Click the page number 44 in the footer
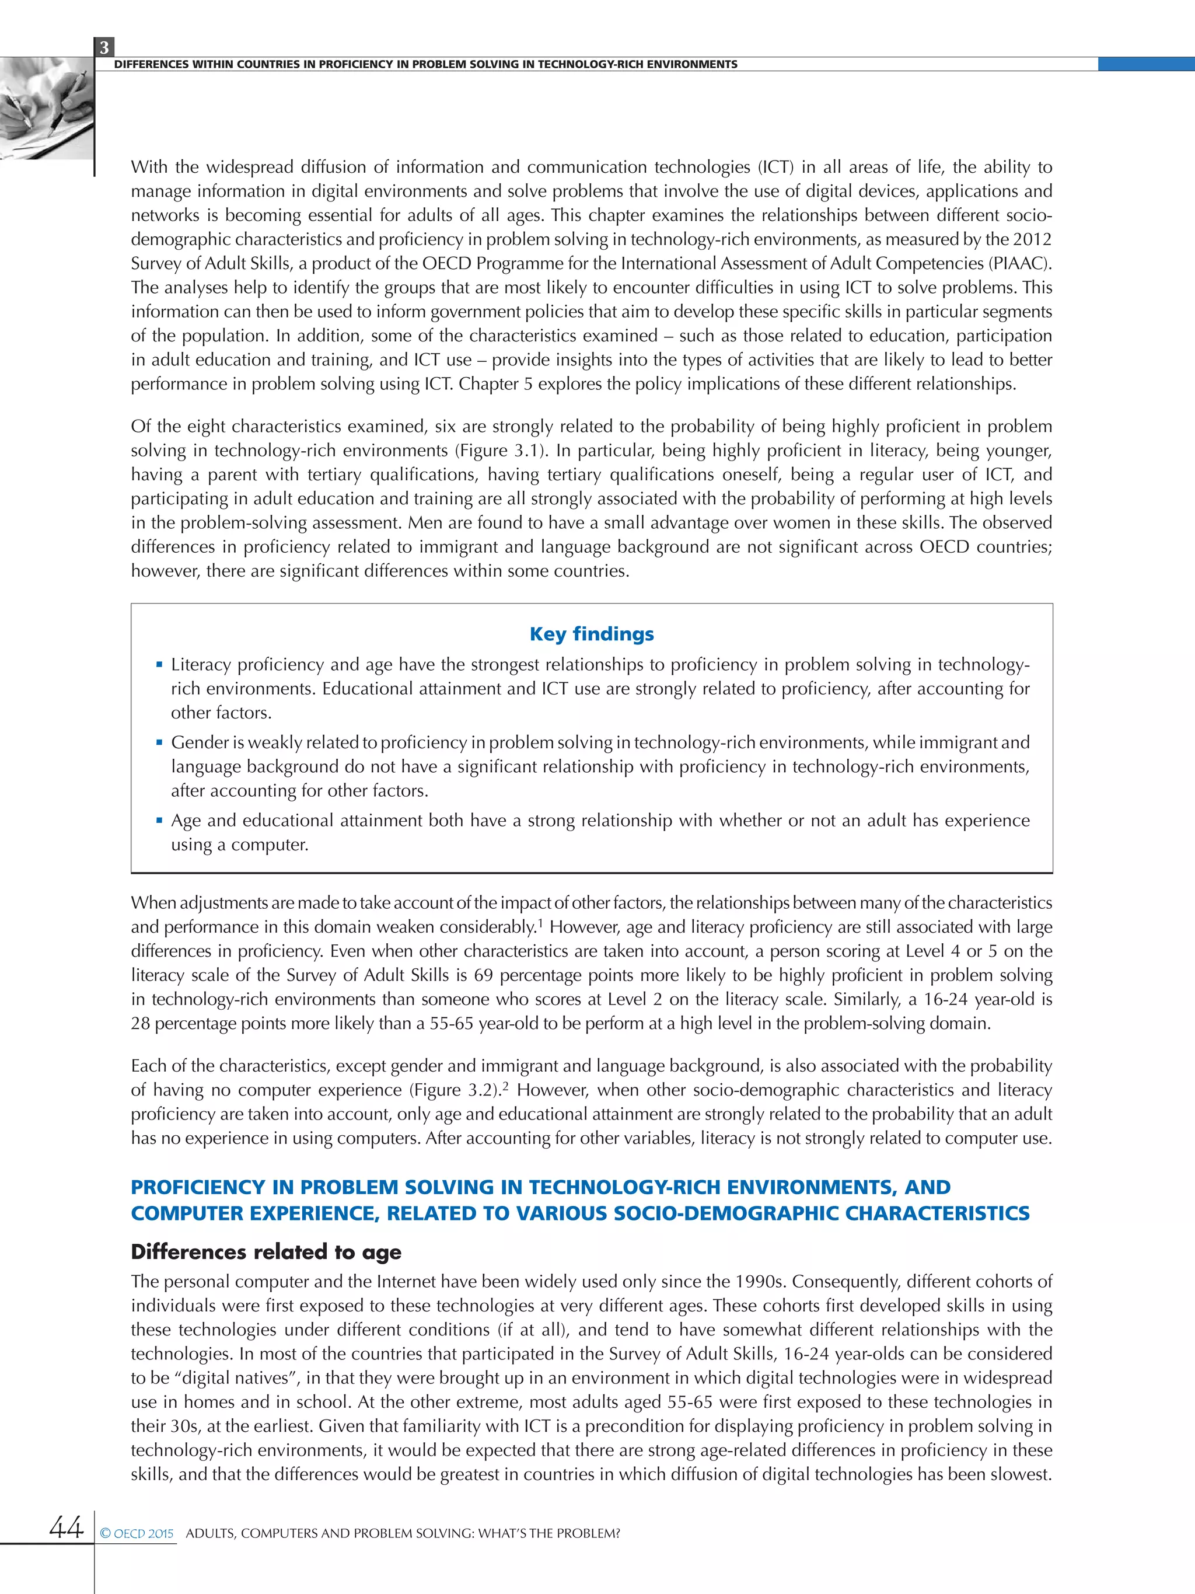coord(67,1526)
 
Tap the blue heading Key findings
coord(592,634)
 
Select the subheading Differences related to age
coord(266,1252)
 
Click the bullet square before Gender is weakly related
coord(159,742)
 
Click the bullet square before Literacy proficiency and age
coord(159,664)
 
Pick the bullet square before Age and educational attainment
coord(159,820)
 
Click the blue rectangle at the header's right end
coord(1145,64)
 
